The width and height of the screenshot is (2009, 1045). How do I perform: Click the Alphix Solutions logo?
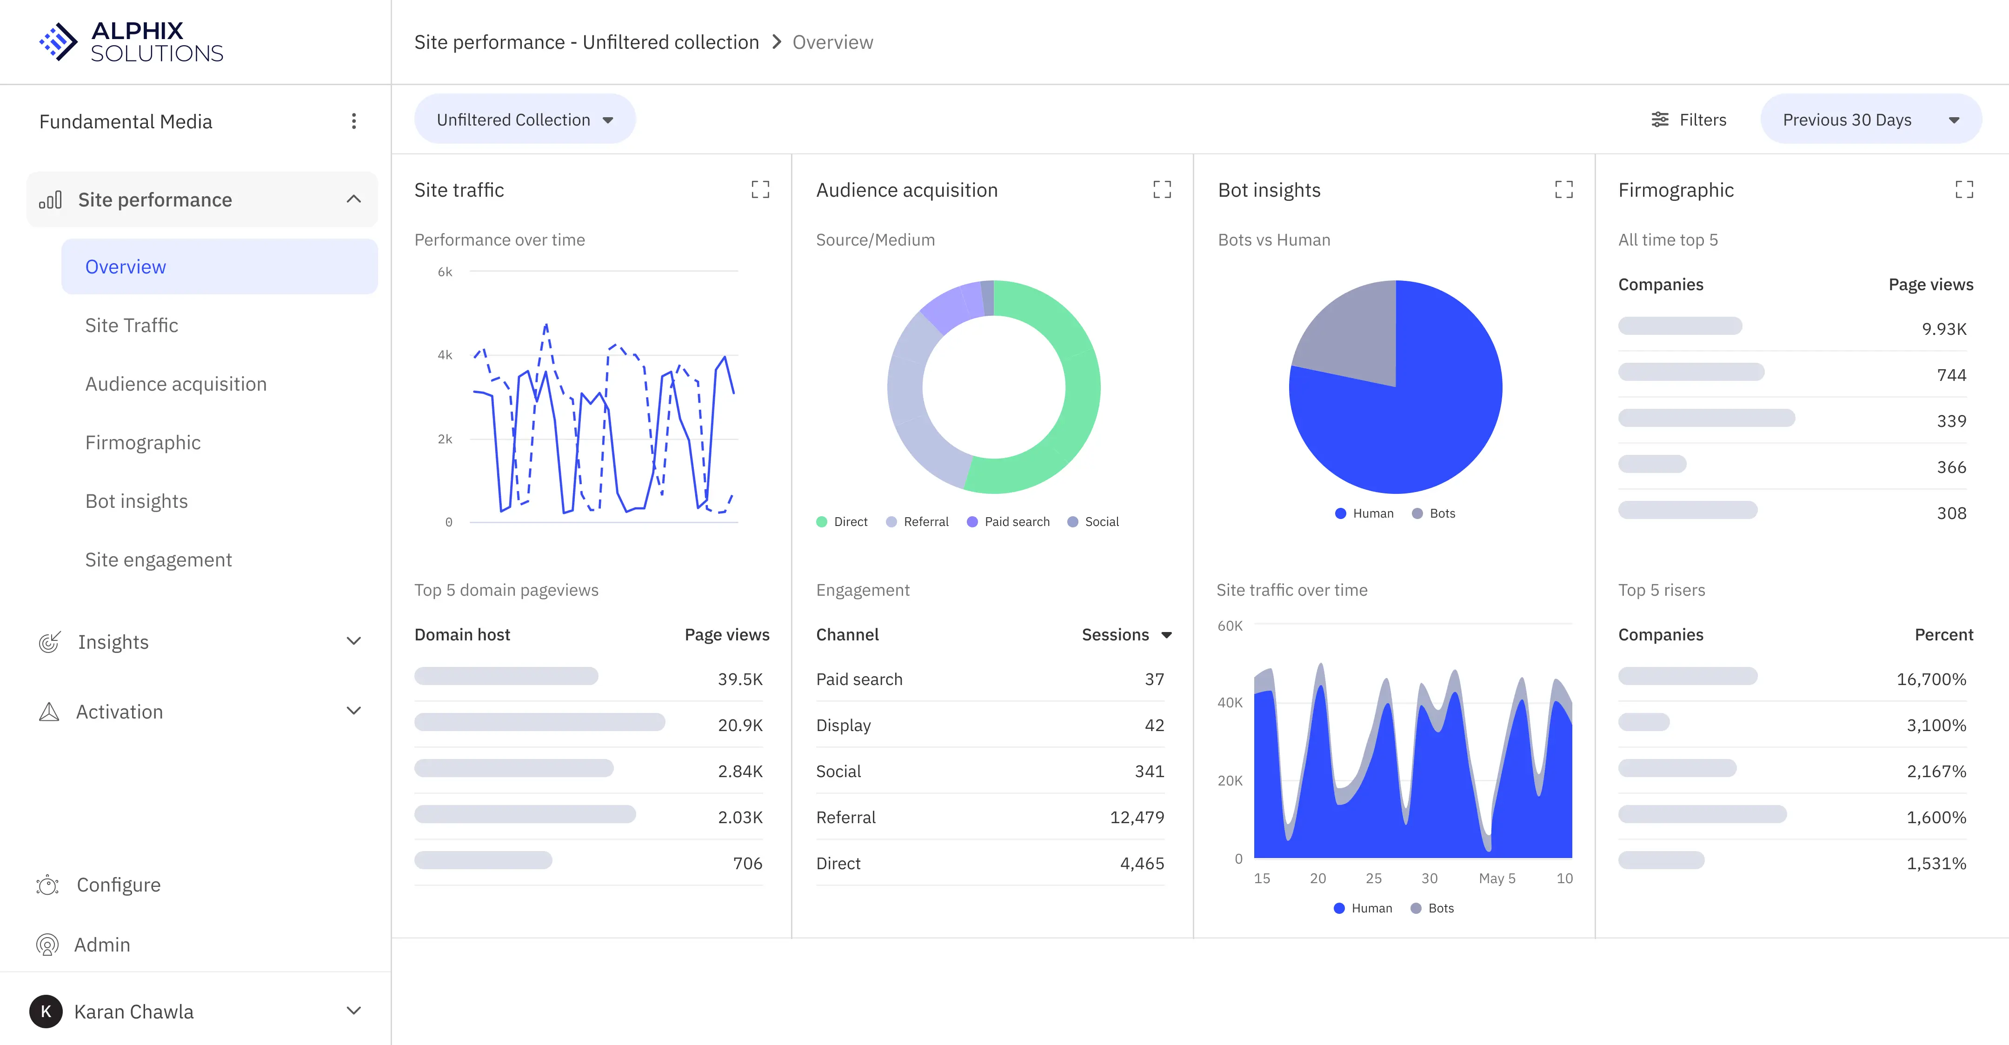click(x=131, y=42)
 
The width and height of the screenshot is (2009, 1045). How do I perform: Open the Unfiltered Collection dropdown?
click(x=524, y=120)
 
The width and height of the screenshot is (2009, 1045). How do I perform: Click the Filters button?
click(x=1689, y=120)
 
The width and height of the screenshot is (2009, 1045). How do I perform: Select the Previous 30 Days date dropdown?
click(x=1870, y=120)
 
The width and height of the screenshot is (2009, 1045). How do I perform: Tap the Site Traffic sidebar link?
click(x=131, y=325)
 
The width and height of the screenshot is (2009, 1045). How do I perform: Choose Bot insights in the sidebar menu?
click(x=136, y=501)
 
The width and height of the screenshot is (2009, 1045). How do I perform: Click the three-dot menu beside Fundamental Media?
click(x=353, y=121)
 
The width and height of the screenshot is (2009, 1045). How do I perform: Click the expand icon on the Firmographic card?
click(x=1964, y=189)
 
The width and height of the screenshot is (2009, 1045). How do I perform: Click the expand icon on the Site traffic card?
click(x=759, y=189)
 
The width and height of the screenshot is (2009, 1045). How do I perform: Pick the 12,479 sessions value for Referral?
click(x=1136, y=817)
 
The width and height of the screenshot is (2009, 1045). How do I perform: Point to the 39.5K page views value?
click(x=739, y=679)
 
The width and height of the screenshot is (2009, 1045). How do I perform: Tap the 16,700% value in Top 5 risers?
click(x=1930, y=679)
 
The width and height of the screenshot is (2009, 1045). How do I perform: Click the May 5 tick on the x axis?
click(x=1497, y=878)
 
